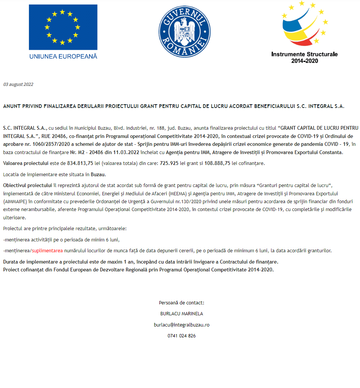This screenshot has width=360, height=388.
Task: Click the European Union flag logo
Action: tap(63, 27)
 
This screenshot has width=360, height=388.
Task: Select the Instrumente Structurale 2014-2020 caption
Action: tap(304, 57)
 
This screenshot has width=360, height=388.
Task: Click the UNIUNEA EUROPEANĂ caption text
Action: tap(63, 56)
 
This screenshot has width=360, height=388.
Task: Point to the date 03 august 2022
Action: tap(18, 84)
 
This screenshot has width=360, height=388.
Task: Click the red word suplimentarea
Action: tap(47, 250)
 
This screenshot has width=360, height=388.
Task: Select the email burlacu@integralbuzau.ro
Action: tap(181, 325)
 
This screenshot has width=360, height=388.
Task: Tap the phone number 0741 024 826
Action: tap(181, 336)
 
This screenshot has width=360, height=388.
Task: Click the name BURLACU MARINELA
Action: tap(181, 314)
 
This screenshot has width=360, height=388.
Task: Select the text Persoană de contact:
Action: tap(181, 303)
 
